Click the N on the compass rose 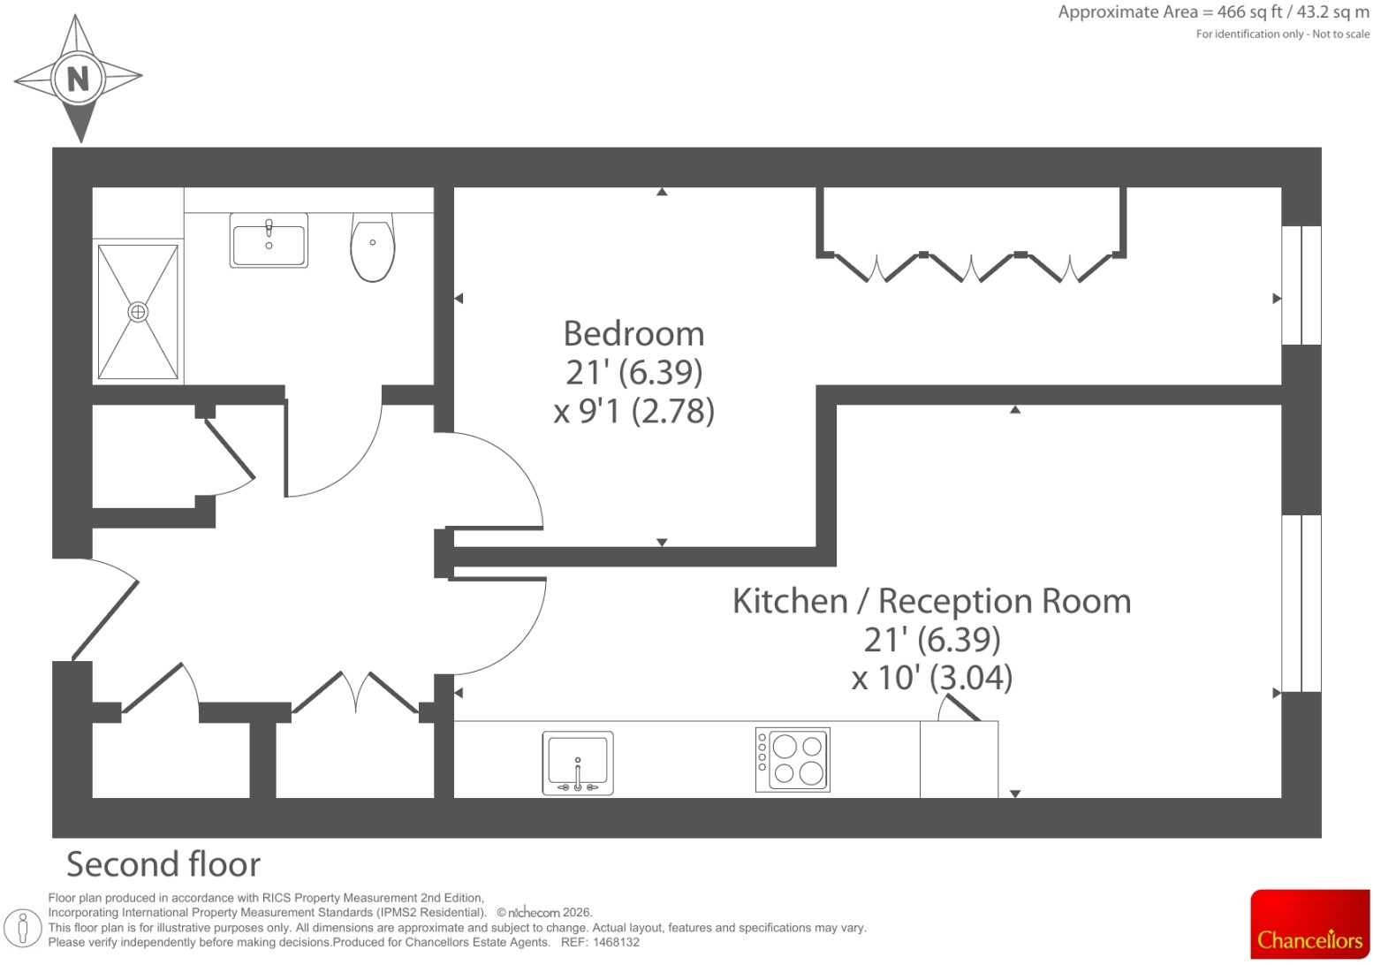(x=78, y=79)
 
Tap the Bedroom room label (x=633, y=334)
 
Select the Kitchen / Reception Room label (x=931, y=601)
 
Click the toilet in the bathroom (x=373, y=247)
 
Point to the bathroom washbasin (x=269, y=240)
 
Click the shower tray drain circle (x=138, y=312)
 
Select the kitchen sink (x=578, y=763)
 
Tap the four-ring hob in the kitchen (x=793, y=760)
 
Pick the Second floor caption (x=163, y=864)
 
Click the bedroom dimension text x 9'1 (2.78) (x=633, y=411)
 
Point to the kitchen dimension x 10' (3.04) (x=931, y=678)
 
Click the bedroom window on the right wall (x=1301, y=285)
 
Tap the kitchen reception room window (x=1301, y=604)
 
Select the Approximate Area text (x=1214, y=12)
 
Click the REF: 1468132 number (x=600, y=942)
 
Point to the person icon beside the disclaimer (x=23, y=928)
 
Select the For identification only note (x=1283, y=34)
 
